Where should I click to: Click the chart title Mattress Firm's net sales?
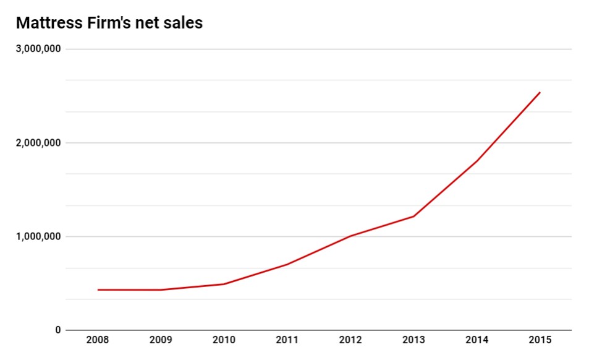coord(109,24)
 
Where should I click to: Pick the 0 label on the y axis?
coord(58,330)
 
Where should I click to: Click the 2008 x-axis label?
coord(98,341)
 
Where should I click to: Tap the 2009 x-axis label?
coord(161,341)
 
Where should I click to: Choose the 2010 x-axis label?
coord(224,341)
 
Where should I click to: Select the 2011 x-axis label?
coord(287,341)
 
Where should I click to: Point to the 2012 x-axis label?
coord(350,341)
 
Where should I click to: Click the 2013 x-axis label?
coord(413,341)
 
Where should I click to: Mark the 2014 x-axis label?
coord(477,341)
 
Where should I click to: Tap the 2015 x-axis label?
coord(540,341)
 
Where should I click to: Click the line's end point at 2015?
coord(540,93)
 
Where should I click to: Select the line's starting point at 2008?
coord(98,289)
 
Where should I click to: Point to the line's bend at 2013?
coord(413,216)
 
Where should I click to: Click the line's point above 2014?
coord(477,161)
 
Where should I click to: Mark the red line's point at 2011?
coord(287,264)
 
